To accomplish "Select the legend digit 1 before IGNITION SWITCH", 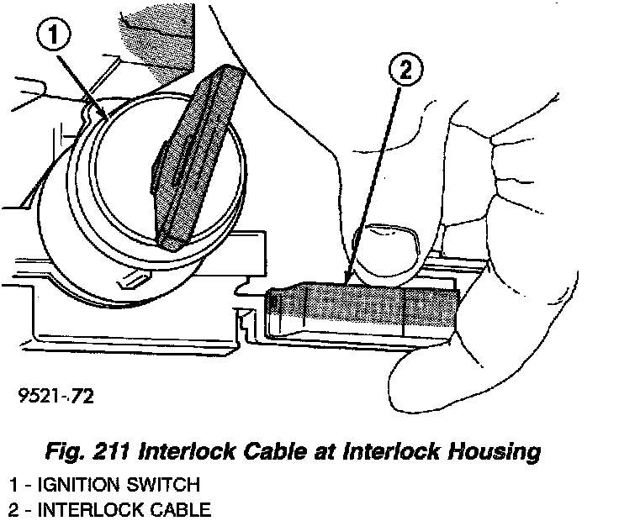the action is (13, 484).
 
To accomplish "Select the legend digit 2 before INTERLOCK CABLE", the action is (13, 508).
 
